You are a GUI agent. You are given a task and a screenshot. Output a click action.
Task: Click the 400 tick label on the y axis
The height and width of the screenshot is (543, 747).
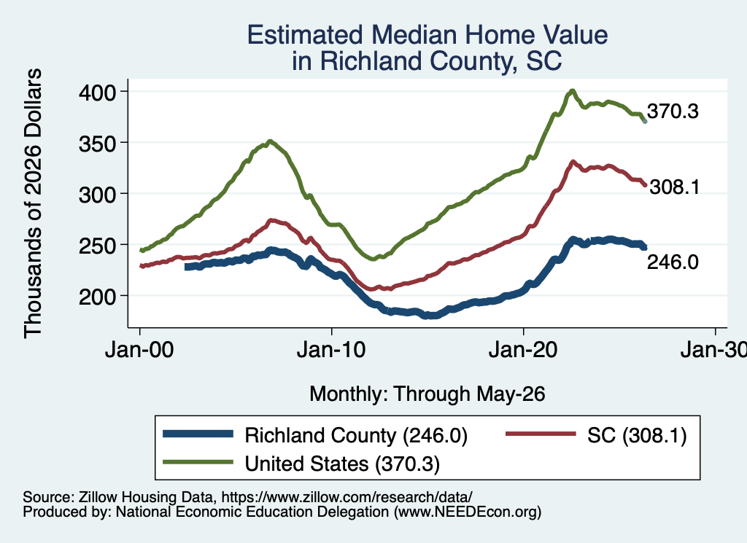[97, 93]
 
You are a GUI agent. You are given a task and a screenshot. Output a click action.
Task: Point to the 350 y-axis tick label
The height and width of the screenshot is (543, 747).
[97, 144]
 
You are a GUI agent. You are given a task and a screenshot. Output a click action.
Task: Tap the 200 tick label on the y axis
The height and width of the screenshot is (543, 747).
[97, 297]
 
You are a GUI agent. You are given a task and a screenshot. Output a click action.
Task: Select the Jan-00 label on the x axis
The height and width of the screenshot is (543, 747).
[139, 350]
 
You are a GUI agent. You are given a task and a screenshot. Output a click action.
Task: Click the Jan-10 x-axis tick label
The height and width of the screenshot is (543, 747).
[331, 350]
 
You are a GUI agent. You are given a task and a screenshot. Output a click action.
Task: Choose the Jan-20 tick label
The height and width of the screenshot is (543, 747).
[523, 350]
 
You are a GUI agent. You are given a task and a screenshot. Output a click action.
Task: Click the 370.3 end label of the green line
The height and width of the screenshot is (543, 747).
[673, 111]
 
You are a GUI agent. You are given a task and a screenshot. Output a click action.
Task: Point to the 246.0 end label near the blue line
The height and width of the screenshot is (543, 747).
[673, 262]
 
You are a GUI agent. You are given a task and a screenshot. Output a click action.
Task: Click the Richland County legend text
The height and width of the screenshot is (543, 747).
[356, 435]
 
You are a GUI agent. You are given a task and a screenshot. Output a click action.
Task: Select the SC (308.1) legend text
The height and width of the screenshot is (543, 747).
[637, 435]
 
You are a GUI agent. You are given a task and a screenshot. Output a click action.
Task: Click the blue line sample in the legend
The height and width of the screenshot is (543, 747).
[198, 434]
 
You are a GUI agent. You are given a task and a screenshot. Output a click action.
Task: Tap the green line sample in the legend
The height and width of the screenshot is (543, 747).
[198, 462]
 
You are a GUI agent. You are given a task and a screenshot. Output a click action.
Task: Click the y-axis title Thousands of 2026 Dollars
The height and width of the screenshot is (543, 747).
[33, 203]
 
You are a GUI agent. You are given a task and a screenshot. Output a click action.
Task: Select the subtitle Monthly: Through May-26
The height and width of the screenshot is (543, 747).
[427, 394]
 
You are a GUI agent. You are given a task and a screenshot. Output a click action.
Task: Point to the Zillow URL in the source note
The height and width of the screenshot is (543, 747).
[347, 497]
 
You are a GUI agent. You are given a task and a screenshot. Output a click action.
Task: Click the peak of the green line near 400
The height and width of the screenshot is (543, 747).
[573, 90]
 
